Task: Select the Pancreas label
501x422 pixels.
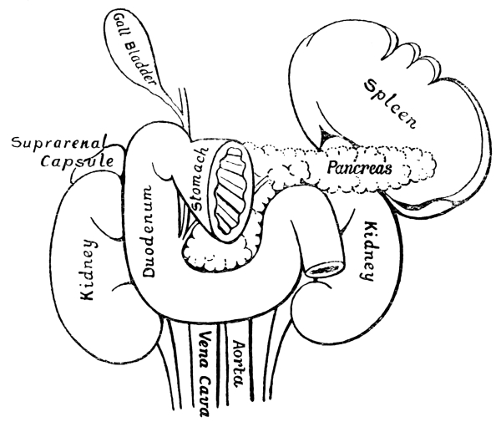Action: tap(360, 166)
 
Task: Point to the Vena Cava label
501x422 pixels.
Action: tap(205, 371)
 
